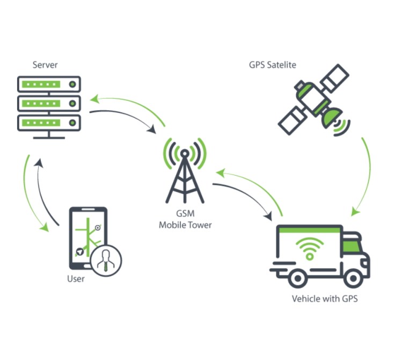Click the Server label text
point(45,65)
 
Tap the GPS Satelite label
point(272,65)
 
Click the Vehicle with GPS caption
point(324,298)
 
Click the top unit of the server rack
point(49,84)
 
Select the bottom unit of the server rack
point(49,121)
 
